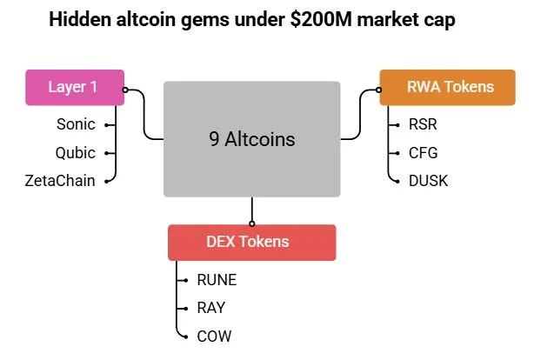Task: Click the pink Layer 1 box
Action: [x=75, y=88]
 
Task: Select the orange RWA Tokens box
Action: [x=450, y=87]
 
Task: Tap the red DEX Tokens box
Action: [x=251, y=243]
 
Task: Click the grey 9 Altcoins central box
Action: [x=251, y=138]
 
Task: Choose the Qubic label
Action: [x=75, y=152]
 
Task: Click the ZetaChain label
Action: [x=60, y=180]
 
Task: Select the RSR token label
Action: [x=422, y=124]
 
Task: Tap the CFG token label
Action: [x=422, y=152]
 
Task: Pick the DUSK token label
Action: [x=426, y=180]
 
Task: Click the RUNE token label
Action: [x=217, y=280]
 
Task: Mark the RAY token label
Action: [x=212, y=307]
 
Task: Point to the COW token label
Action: [x=214, y=335]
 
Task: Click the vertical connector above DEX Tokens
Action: [x=251, y=210]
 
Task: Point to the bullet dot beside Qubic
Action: [x=107, y=153]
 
